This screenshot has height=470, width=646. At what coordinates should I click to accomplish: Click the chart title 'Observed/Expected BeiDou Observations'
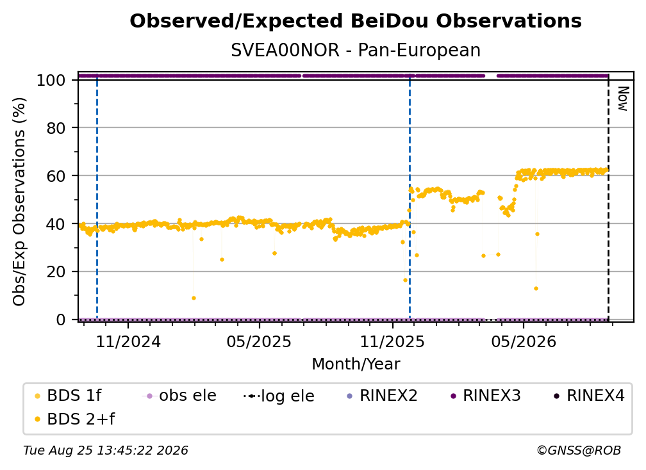click(x=356, y=21)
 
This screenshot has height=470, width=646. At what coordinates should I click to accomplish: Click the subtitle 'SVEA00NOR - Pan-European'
click(x=356, y=50)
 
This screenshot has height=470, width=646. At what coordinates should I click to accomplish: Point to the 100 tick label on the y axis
click(x=51, y=80)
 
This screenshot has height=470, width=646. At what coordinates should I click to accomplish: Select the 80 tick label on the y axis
click(x=56, y=128)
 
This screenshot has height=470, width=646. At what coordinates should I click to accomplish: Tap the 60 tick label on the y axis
click(x=56, y=176)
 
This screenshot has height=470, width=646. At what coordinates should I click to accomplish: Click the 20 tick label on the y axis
click(x=56, y=272)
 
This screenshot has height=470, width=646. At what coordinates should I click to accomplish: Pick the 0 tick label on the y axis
click(x=60, y=320)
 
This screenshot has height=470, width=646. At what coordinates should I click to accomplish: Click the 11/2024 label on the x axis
click(x=128, y=341)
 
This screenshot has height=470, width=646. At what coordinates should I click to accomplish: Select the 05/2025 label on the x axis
click(x=259, y=341)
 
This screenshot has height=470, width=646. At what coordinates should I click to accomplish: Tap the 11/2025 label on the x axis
click(x=392, y=341)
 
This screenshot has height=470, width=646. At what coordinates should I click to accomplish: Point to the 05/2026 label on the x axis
click(x=523, y=341)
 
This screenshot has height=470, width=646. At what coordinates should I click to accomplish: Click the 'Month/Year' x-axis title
click(x=356, y=364)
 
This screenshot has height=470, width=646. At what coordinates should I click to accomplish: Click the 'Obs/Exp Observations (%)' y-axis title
click(x=19, y=202)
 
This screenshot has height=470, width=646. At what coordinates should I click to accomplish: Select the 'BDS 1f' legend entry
click(x=68, y=396)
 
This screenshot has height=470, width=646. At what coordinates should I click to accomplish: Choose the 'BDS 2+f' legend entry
click(x=74, y=419)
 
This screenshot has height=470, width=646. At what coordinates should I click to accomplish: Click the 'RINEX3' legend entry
click(x=486, y=396)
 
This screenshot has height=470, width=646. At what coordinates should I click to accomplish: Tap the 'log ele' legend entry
click(x=279, y=396)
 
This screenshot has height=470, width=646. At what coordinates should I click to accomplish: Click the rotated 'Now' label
click(x=622, y=99)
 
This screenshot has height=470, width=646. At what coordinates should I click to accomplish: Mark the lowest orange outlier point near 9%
click(x=194, y=298)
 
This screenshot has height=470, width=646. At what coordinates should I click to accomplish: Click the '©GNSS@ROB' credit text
click(x=579, y=450)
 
